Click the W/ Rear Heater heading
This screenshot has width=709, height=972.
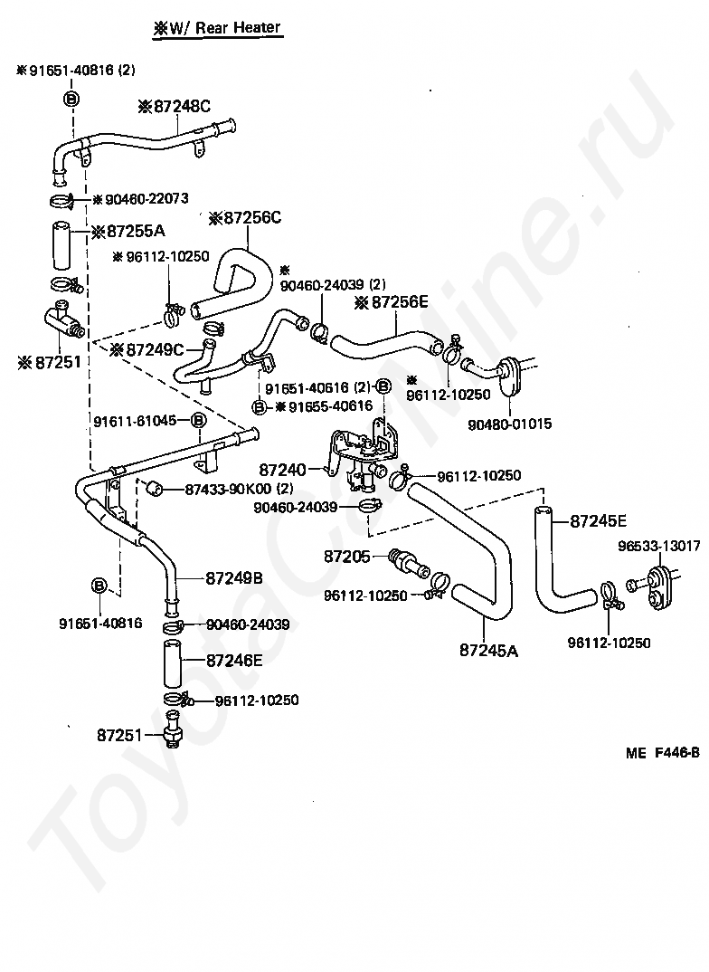point(217,28)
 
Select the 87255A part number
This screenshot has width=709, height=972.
point(128,232)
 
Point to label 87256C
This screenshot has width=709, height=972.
point(244,217)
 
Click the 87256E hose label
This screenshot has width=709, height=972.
point(391,302)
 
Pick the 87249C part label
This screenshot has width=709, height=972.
point(147,350)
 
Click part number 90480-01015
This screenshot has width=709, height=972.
point(510,424)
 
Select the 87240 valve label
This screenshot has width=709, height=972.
point(282,470)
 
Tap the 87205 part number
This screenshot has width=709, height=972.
point(346,557)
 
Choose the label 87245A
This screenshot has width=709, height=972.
point(488,651)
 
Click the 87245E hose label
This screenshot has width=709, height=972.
point(598,521)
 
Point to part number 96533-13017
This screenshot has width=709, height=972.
point(659,546)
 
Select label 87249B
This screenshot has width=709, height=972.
point(234,578)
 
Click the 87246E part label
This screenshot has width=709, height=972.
point(234,661)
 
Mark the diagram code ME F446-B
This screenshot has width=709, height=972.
point(663,753)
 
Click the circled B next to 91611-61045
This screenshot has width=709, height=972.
point(197,421)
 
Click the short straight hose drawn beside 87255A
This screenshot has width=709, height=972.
point(61,245)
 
